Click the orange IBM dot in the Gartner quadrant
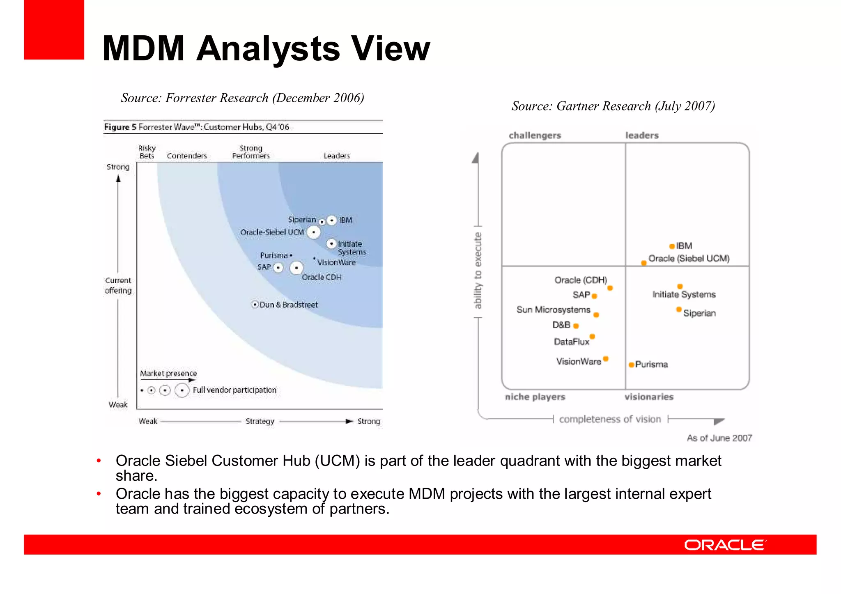[672, 246]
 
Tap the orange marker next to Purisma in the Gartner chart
[631, 365]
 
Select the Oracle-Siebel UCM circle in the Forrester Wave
[313, 232]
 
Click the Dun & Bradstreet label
[288, 305]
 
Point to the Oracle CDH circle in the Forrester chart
[296, 268]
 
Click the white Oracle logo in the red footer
[724, 545]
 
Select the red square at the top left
[54, 30]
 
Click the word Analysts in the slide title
[268, 49]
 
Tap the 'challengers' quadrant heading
[535, 135]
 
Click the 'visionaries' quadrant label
[649, 397]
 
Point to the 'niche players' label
[535, 397]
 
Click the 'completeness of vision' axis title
[610, 419]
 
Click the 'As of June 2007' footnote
[719, 438]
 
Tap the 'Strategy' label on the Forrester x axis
[260, 421]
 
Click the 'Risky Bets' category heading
[147, 152]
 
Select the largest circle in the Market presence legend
[182, 390]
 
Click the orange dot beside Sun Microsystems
[596, 315]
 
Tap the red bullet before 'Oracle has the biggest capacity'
[99, 494]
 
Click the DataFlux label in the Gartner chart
[571, 342]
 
